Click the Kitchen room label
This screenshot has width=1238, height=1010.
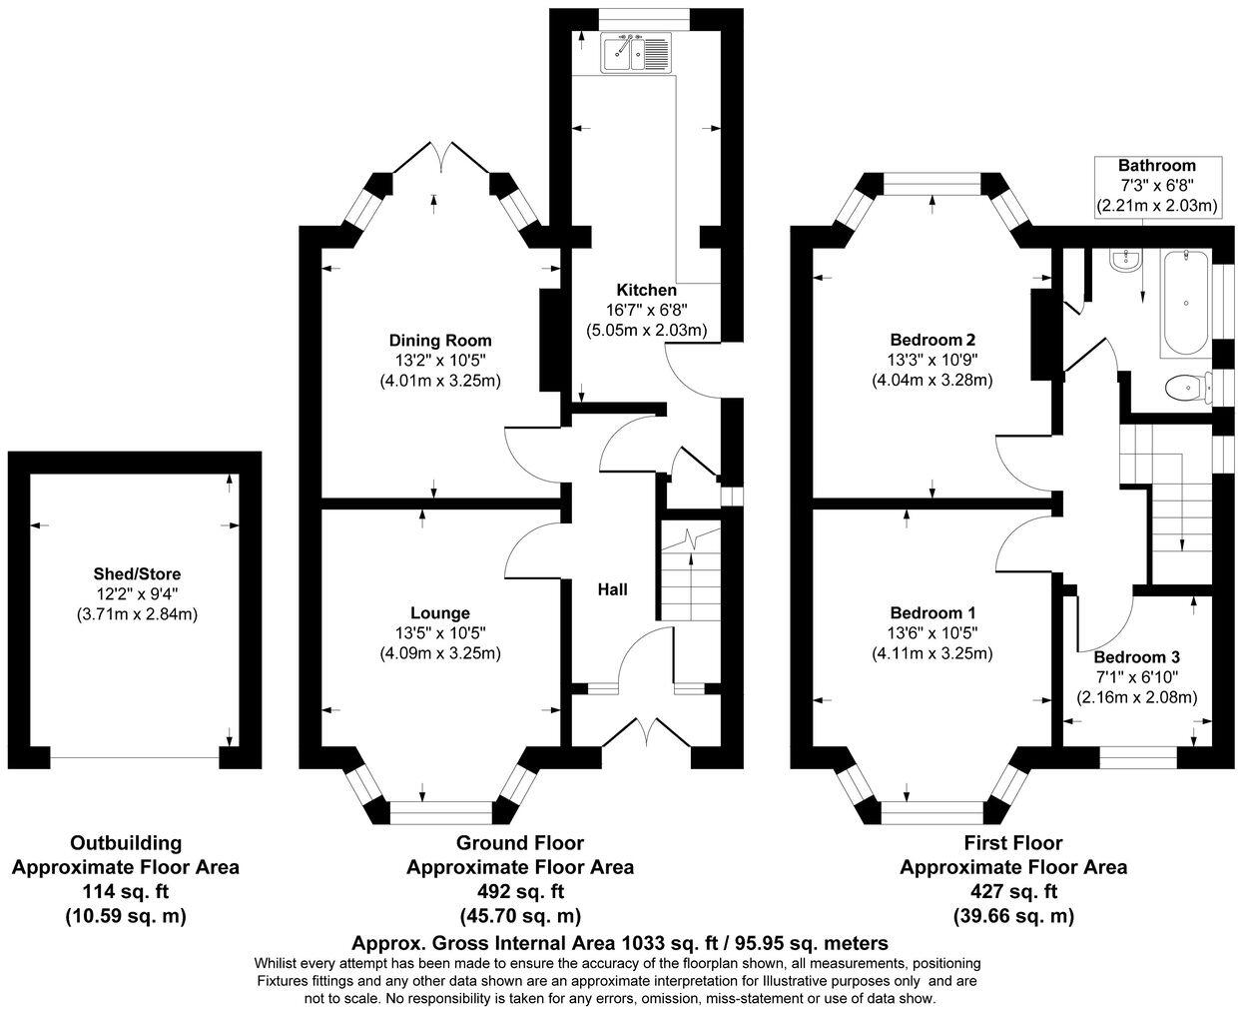pyautogui.click(x=646, y=290)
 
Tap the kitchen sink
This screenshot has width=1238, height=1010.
pyautogui.click(x=635, y=53)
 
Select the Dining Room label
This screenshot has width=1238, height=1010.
pyautogui.click(x=440, y=341)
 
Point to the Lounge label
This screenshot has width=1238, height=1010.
pyautogui.click(x=440, y=612)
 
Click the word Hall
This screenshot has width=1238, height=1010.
pyautogui.click(x=612, y=589)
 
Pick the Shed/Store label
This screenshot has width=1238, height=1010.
pyautogui.click(x=138, y=574)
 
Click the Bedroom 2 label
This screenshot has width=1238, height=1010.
pyautogui.click(x=932, y=340)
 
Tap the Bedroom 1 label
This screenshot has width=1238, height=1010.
pyautogui.click(x=932, y=612)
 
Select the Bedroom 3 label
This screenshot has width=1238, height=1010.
pyautogui.click(x=1136, y=657)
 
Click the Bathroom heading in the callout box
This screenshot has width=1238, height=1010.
pyautogui.click(x=1157, y=166)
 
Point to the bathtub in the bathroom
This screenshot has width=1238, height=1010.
pyautogui.click(x=1184, y=302)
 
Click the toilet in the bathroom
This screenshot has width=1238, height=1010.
pyautogui.click(x=1187, y=388)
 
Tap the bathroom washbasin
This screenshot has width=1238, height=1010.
pyautogui.click(x=1125, y=261)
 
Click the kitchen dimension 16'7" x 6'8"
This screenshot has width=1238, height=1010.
pyautogui.click(x=646, y=310)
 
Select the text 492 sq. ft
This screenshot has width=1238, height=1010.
pyautogui.click(x=520, y=892)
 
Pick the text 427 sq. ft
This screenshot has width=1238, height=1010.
pyautogui.click(x=1013, y=892)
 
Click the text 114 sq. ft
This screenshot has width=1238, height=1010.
pyautogui.click(x=125, y=892)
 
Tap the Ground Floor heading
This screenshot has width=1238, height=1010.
pyautogui.click(x=520, y=843)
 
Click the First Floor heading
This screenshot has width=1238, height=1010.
pyautogui.click(x=1013, y=843)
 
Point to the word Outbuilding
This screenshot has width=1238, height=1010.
pyautogui.click(x=126, y=844)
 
